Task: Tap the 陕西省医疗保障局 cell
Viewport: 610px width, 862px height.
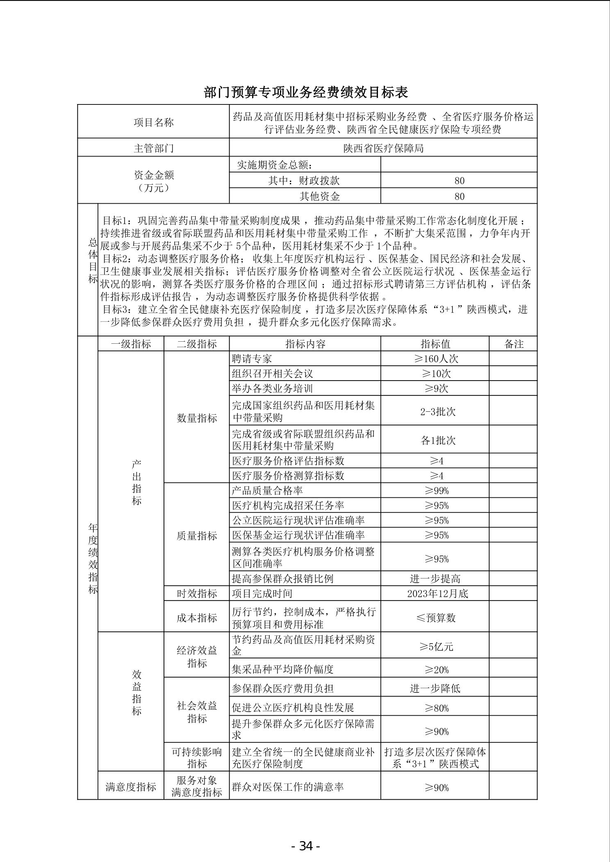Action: (383, 148)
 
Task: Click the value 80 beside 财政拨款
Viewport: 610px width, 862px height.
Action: (459, 181)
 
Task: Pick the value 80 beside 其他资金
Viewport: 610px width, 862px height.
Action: (459, 196)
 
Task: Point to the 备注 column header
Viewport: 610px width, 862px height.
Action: (513, 344)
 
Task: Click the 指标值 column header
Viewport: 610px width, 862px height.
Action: (435, 344)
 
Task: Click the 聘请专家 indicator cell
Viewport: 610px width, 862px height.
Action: (252, 359)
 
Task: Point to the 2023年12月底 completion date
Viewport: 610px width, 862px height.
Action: (437, 594)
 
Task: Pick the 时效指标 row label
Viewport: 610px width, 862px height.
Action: (197, 594)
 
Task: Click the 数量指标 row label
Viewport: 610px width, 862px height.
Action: (197, 418)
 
